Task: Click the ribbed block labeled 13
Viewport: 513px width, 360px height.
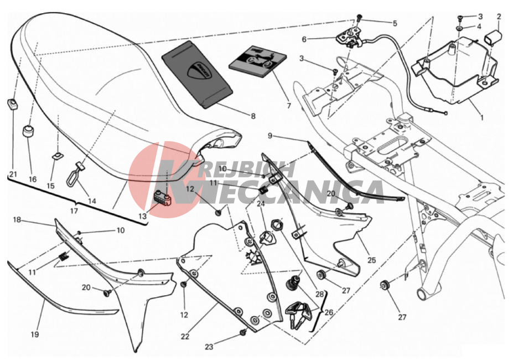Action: tap(162, 198)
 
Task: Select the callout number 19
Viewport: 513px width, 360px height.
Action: tap(35, 335)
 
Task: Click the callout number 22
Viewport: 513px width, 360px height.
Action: tap(185, 336)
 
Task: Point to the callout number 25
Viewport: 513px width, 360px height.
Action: tap(371, 260)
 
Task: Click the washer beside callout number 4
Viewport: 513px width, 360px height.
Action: tap(460, 29)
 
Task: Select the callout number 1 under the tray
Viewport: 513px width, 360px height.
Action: tap(481, 117)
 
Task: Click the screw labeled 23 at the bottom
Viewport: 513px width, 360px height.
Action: tap(243, 333)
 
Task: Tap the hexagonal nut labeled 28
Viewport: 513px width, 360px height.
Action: tap(277, 225)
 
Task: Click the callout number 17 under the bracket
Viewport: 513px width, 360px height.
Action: tap(74, 210)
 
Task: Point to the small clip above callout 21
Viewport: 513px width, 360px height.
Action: tap(12, 104)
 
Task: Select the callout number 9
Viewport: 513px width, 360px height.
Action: tap(270, 135)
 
